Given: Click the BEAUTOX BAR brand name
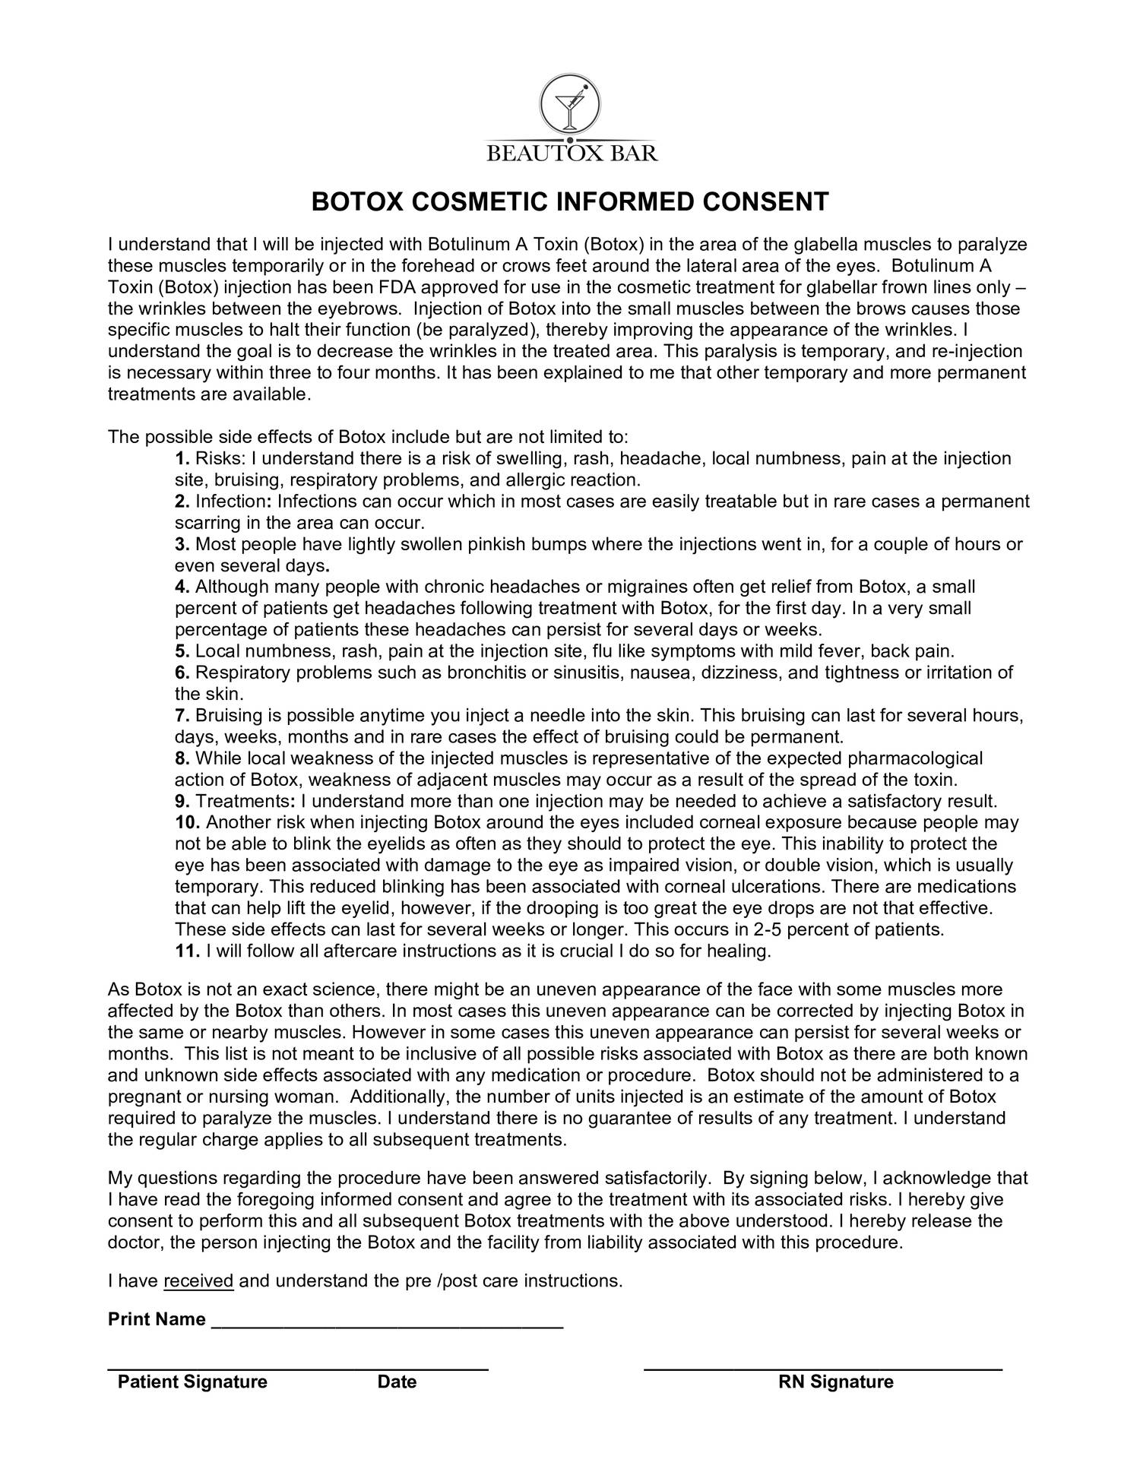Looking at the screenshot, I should point(572,154).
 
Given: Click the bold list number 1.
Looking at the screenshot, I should point(182,459).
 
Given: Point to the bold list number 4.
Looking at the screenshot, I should point(182,587).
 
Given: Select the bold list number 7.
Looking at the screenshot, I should point(182,716).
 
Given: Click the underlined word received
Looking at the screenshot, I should point(198,1281).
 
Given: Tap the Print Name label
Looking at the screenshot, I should point(157,1319).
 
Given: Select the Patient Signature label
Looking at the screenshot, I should point(192,1382).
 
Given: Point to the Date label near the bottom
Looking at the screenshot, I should point(397,1382).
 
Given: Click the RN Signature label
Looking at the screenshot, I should point(836,1382).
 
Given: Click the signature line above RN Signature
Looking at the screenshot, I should point(822,1369).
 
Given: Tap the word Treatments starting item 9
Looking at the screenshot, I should point(239,802).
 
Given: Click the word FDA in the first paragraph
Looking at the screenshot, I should point(397,288).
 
